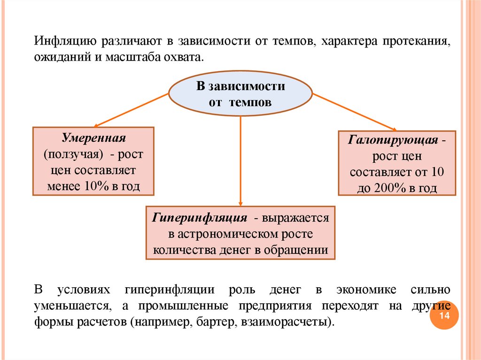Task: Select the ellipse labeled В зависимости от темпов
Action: pos(240,94)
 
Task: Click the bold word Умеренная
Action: pos(93,139)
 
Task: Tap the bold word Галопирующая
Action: pos(393,140)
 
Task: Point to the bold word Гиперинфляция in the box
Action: pos(199,218)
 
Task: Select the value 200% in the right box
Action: pos(388,188)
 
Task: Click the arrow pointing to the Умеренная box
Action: pos(132,110)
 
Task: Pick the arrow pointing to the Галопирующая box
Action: pos(355,112)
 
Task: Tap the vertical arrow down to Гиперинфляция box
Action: pos(240,160)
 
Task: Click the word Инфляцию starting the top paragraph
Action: pos(65,41)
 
